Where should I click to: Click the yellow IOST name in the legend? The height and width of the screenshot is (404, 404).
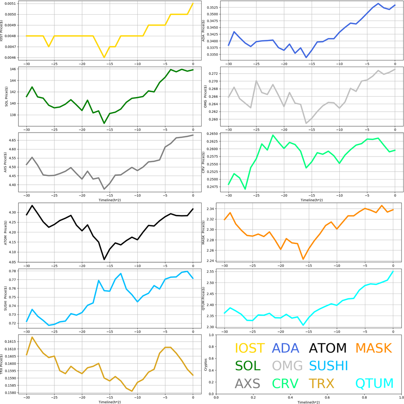click(249, 348)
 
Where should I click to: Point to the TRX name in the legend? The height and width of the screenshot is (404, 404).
click(322, 383)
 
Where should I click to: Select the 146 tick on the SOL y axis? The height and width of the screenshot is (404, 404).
click(13, 69)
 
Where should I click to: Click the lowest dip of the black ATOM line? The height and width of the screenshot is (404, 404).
click(104, 259)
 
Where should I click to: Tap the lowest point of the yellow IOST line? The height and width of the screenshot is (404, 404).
click(104, 58)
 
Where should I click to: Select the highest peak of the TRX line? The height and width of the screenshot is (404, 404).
click(32, 337)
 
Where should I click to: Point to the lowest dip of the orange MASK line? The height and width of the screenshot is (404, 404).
click(303, 259)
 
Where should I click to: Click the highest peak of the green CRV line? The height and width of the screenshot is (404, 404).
click(273, 135)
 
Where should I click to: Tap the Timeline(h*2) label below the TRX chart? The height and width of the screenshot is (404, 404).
click(110, 401)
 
